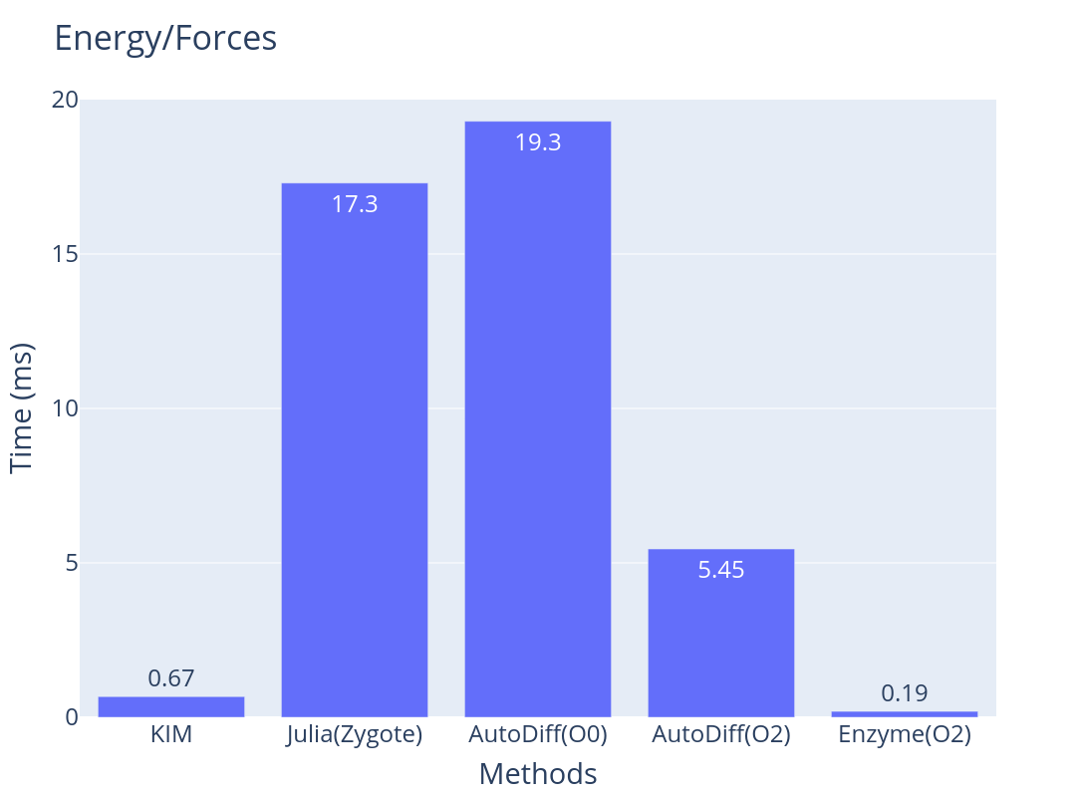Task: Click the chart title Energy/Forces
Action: [x=164, y=38]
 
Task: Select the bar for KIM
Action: [x=171, y=706]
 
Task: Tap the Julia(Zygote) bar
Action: [x=355, y=448]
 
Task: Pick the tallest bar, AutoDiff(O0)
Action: [x=538, y=418]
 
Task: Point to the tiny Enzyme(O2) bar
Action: [x=905, y=713]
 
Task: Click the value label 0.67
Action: [x=171, y=678]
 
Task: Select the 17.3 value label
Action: [x=355, y=204]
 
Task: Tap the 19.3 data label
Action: [x=538, y=142]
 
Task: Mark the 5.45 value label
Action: [x=721, y=570]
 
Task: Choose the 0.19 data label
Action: [x=905, y=693]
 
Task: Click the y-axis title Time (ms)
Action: [x=22, y=408]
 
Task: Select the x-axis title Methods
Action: [x=538, y=774]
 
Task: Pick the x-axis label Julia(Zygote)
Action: [x=355, y=736]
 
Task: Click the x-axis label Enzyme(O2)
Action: [x=905, y=736]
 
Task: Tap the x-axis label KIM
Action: [x=171, y=736]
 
